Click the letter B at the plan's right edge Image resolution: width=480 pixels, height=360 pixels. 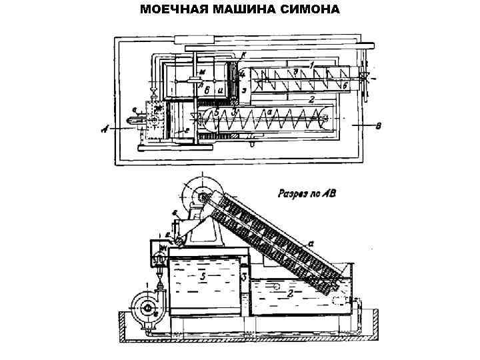click(379, 127)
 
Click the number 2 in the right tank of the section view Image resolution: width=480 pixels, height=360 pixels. click(291, 292)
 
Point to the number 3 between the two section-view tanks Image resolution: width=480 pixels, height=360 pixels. click(245, 275)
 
